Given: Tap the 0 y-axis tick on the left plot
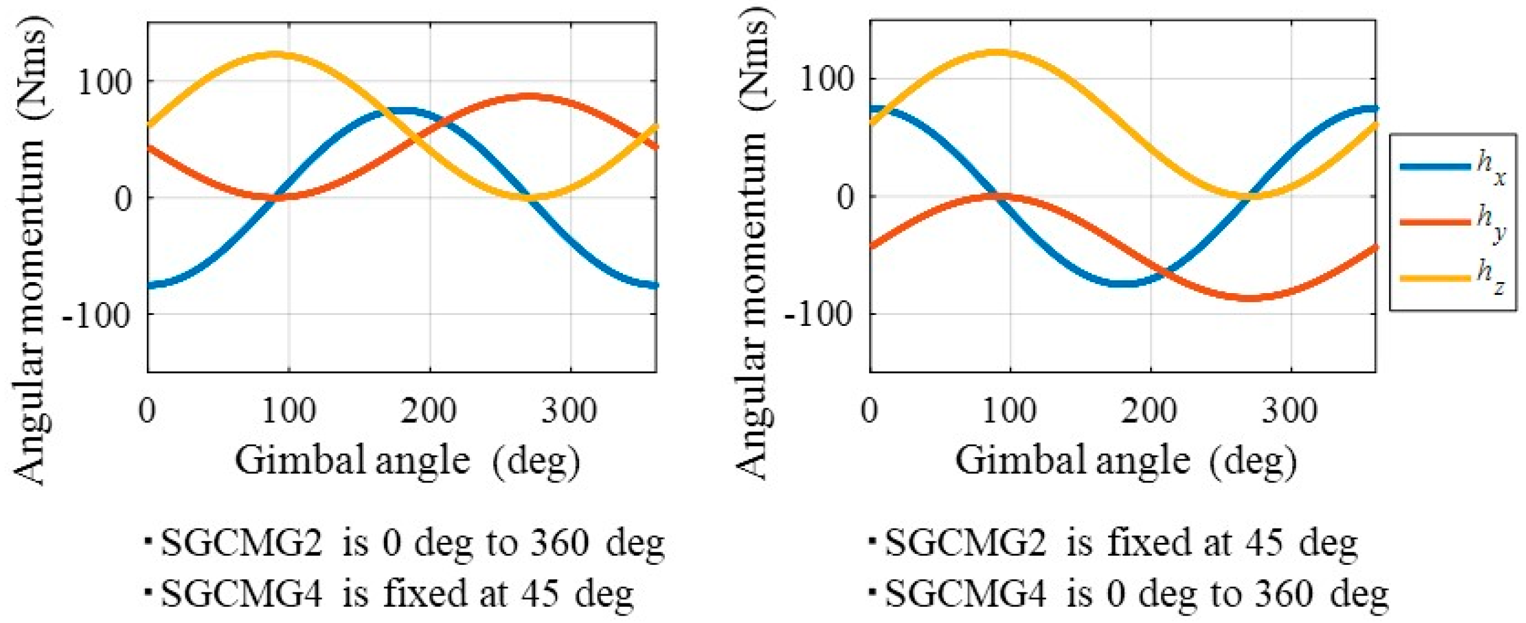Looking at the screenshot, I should pyautogui.click(x=124, y=199).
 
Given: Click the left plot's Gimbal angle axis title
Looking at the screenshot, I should pyautogui.click(x=408, y=460).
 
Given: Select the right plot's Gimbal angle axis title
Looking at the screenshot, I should pyautogui.click(x=1125, y=460).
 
